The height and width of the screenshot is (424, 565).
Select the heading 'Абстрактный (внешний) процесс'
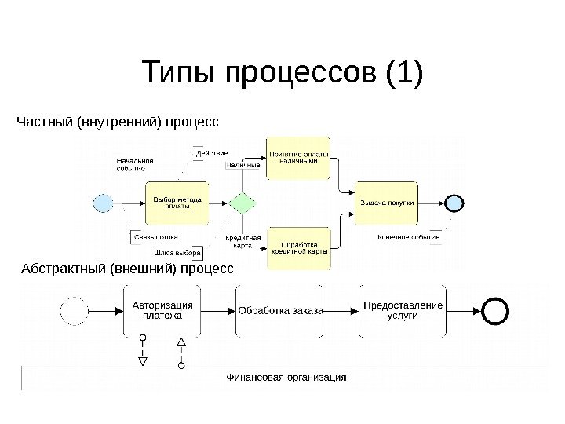126,269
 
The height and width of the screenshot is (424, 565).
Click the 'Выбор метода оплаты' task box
177,203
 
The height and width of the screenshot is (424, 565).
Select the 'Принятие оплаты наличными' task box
298,157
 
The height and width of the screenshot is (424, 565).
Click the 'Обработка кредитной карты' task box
298,247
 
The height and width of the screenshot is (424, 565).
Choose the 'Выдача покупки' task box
388,203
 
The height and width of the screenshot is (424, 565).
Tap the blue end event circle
455,203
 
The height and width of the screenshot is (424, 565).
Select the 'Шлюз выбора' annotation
177,253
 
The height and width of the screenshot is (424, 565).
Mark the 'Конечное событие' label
408,236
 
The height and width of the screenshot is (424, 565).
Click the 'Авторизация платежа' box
162,310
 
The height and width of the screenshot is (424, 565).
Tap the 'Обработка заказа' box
280,311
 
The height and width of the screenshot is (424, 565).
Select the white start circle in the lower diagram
74,310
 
